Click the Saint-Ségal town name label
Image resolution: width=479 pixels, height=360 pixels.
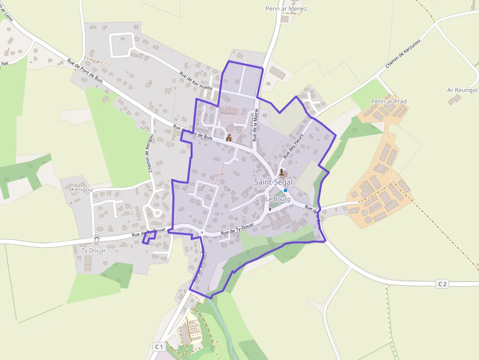pos(273,182)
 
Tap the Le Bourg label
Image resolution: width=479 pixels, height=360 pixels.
pos(278,199)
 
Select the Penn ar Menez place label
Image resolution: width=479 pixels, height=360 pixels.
pos(286,9)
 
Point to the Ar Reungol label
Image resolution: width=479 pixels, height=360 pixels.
pos(462,90)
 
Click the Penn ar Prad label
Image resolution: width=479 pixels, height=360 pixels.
pos(389,102)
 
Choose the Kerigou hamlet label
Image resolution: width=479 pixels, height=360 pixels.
pos(82,189)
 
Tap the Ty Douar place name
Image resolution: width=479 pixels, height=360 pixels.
pos(93,251)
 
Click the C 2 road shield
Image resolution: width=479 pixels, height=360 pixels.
pos(442,284)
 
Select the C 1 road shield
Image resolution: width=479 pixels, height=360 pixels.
pos(158,346)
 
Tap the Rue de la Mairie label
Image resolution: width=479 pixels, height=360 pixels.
pos(255,126)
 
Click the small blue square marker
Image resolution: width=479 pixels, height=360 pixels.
pos(285,191)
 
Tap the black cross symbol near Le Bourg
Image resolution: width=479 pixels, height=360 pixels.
pos(270,210)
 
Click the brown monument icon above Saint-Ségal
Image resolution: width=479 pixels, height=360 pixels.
pos(281,172)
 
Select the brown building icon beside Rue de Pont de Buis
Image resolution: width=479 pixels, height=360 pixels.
pos(228,138)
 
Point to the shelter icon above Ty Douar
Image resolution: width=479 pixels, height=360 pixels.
pos(96,239)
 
